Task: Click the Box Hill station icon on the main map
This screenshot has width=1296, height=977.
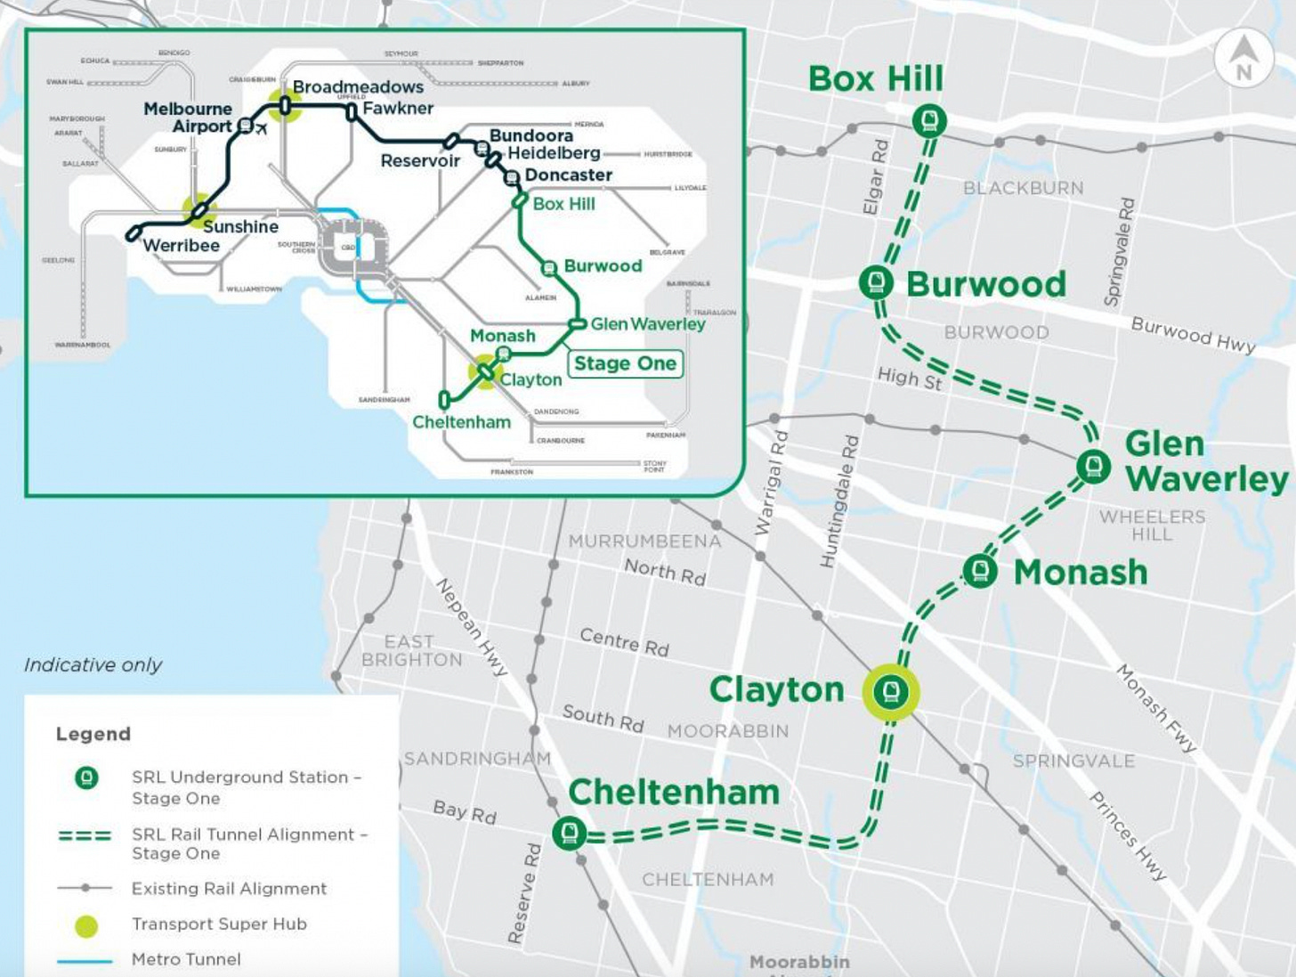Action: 929,120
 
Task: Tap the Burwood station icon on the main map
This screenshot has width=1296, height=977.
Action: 876,282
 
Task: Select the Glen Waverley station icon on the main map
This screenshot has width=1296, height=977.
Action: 1093,466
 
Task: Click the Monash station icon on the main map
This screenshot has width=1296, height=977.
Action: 979,570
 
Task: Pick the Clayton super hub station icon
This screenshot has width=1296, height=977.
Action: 890,691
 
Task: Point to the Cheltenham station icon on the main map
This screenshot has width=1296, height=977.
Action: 570,833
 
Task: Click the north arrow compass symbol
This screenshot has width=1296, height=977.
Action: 1243,58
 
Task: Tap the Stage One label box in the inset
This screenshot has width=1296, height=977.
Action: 625,363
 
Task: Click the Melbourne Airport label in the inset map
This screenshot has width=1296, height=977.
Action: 189,118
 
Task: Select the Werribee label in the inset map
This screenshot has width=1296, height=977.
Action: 182,246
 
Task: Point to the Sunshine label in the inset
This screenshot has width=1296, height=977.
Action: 240,227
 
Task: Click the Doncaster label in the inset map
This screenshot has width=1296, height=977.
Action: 569,175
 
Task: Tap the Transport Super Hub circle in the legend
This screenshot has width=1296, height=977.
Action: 86,925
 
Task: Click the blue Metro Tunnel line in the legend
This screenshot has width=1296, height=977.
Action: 85,961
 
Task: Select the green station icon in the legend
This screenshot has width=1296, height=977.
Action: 86,778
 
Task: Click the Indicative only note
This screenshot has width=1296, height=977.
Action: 93,665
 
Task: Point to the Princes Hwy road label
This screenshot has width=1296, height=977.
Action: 1128,836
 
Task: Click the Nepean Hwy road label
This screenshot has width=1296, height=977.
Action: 471,626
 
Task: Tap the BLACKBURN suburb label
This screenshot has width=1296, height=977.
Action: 1024,188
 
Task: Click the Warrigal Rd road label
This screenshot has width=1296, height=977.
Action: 770,484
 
